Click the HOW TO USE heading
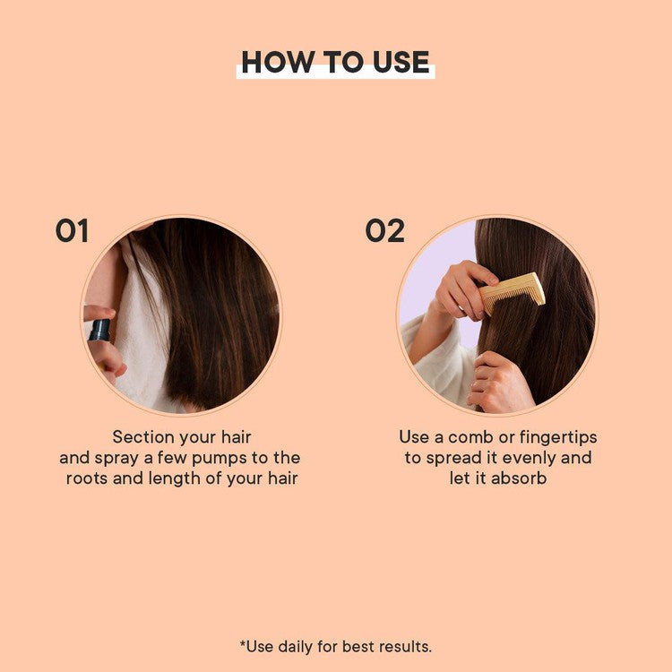click(335, 62)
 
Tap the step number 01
click(72, 231)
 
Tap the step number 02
click(384, 231)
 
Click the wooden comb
click(513, 292)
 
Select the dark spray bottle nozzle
click(99, 330)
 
